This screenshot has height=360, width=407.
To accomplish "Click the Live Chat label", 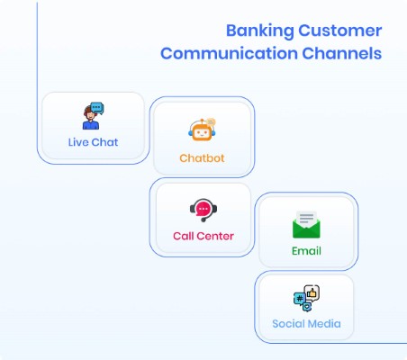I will (93, 142).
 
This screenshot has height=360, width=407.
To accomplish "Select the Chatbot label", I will (201, 157).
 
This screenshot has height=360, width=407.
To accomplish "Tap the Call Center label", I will (203, 236).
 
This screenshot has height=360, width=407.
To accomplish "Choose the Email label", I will (306, 250).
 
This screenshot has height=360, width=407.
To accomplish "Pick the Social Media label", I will (306, 323).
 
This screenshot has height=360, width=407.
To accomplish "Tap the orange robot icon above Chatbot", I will (201, 131).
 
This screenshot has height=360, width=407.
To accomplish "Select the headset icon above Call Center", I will (203, 211).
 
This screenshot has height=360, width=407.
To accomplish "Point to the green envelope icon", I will (306, 225).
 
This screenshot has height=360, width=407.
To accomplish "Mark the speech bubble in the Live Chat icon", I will (97, 109).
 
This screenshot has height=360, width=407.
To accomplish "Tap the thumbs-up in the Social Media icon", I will (312, 292).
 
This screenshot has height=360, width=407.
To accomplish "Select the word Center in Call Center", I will (216, 236).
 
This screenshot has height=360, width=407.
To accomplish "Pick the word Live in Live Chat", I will (78, 142).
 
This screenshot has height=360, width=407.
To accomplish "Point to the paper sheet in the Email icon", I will (306, 218).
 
